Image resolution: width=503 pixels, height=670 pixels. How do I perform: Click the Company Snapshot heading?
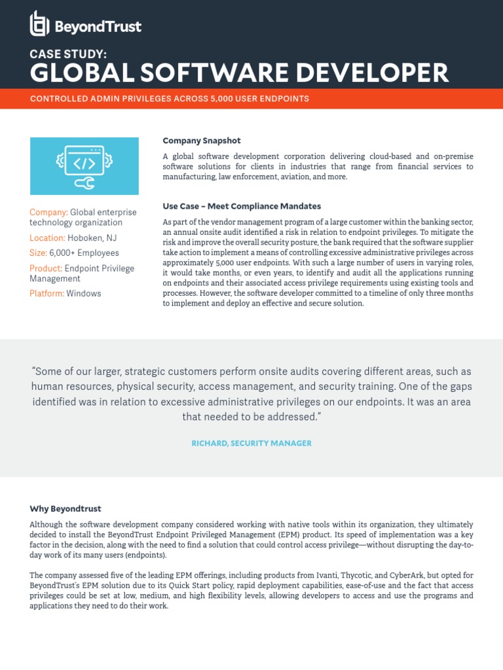(202, 141)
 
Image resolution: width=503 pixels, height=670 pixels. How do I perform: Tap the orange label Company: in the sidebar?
(49, 212)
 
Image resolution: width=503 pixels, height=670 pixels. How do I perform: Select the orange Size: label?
(38, 253)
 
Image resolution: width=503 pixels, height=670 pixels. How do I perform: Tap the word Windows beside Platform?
(84, 294)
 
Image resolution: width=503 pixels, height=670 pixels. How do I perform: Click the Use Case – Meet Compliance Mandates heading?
(242, 206)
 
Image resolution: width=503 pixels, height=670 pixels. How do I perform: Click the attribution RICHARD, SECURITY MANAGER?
(251, 443)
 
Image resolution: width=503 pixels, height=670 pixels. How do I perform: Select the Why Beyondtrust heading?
(65, 508)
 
